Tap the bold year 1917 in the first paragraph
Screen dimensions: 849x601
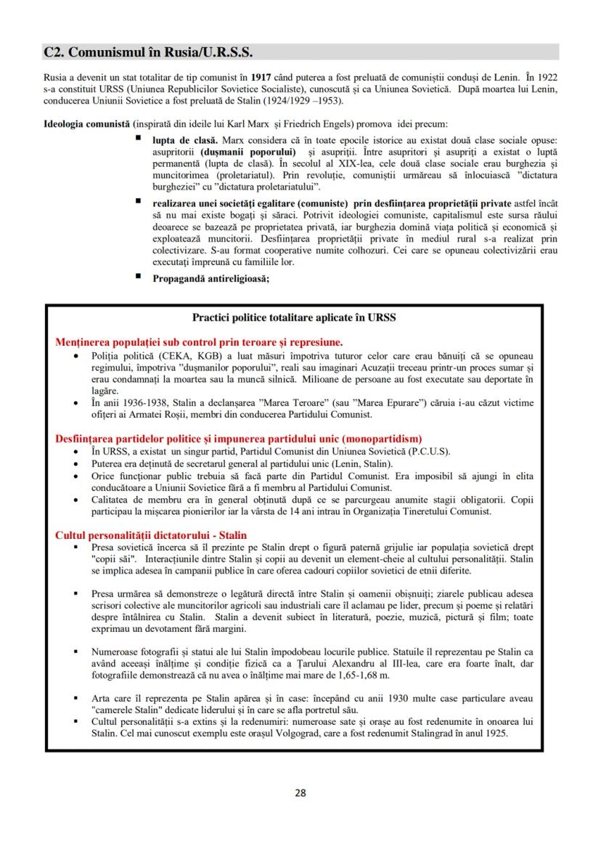263,76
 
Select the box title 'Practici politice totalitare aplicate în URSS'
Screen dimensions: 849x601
294,317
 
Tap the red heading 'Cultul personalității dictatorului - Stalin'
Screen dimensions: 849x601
151,535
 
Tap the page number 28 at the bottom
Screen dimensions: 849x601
300,792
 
